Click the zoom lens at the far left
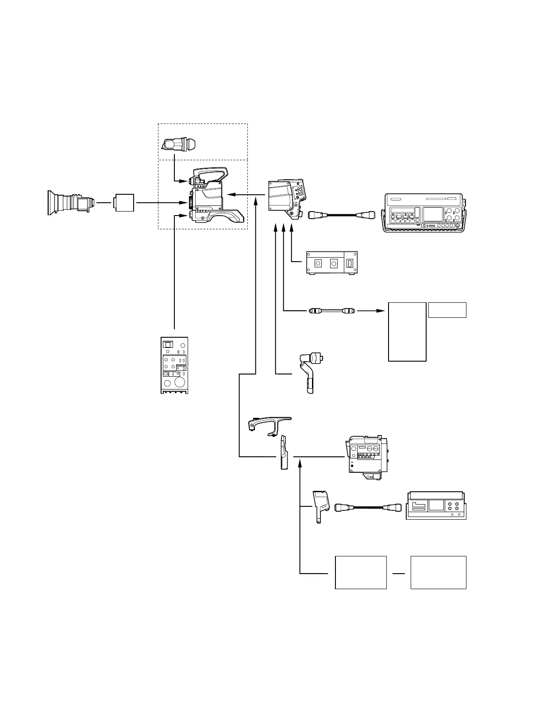(x=71, y=203)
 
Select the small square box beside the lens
(x=124, y=203)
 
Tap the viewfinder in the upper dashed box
(x=181, y=144)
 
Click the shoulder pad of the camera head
(x=230, y=216)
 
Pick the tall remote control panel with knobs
(x=174, y=365)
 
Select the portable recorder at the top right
(x=424, y=212)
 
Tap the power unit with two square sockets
(x=332, y=263)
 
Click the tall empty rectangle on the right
(x=407, y=332)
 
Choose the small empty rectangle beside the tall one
(x=447, y=310)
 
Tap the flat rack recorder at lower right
(x=436, y=505)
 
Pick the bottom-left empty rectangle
(x=361, y=572)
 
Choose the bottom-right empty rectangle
(x=438, y=572)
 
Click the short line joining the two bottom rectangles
(x=399, y=574)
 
